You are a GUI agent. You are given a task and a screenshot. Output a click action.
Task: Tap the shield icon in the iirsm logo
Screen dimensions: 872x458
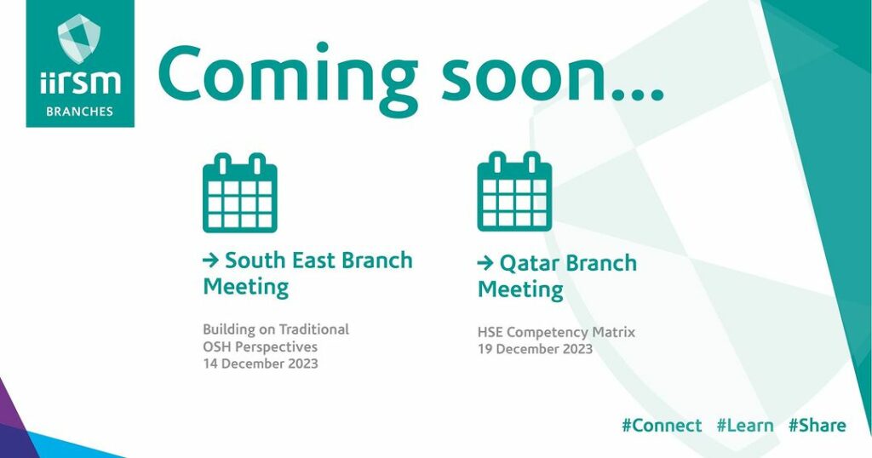coord(79,38)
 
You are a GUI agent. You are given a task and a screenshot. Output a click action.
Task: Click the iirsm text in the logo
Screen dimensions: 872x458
coord(80,83)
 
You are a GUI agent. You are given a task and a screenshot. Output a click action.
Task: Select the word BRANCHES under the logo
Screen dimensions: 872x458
coord(79,112)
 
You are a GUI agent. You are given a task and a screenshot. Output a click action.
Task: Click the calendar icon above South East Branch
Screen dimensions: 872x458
coord(239,193)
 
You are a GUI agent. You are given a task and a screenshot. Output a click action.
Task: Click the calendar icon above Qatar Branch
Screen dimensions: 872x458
coord(514,192)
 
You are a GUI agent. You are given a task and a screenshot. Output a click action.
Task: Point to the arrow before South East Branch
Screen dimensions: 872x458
coord(211,260)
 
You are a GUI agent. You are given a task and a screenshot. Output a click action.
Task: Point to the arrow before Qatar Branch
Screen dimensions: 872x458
coord(485,263)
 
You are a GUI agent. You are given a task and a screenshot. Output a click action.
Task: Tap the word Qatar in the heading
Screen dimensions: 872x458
coord(527,263)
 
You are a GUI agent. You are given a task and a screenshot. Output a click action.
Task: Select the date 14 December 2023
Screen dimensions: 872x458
coord(261,364)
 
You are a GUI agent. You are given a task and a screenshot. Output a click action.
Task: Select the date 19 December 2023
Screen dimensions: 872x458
coord(535,349)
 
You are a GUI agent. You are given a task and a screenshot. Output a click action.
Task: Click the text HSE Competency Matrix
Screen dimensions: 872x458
coord(556,332)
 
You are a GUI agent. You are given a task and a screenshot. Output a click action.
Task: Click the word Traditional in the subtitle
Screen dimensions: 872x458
coord(313,329)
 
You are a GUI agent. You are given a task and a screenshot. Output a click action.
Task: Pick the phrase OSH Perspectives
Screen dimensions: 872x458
coord(261,346)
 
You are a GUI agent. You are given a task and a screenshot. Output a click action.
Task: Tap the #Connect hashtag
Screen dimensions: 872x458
coord(662,426)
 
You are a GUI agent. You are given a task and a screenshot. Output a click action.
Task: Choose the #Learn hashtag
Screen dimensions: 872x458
coord(745,426)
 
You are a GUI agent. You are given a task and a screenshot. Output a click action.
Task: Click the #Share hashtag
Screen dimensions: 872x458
coord(817,426)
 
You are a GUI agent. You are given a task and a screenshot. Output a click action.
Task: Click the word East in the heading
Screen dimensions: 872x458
coord(314,260)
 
